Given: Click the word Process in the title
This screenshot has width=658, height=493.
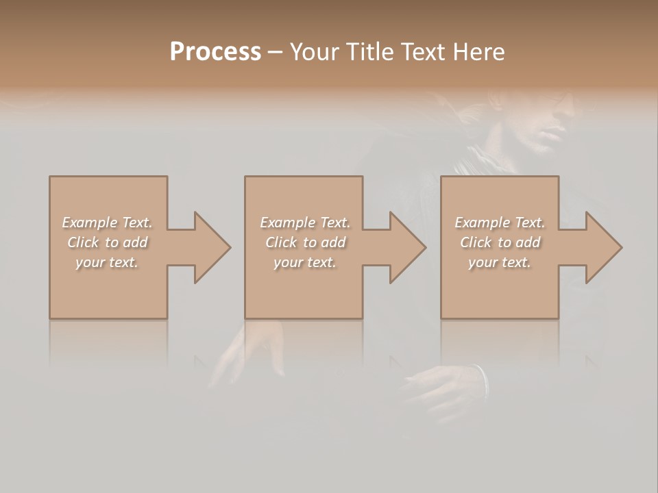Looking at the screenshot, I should [x=215, y=51].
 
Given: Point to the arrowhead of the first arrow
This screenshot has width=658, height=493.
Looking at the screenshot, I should [x=212, y=247].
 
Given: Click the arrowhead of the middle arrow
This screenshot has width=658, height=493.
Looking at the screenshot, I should [x=408, y=247].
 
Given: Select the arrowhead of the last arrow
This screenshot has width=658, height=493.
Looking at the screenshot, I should [x=604, y=247].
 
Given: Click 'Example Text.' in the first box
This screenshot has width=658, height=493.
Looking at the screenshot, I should [x=107, y=223].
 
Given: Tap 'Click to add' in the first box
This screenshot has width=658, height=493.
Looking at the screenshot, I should [x=107, y=242].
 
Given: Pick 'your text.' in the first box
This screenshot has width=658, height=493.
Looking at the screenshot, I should [x=107, y=262].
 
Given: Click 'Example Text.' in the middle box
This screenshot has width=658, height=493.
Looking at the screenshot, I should [x=304, y=223].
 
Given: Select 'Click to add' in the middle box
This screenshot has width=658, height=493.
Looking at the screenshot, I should [x=304, y=242].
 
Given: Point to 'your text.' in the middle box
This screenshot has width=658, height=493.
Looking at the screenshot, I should [x=304, y=262].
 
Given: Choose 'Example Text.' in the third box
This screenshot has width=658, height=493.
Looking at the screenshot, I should [x=500, y=223].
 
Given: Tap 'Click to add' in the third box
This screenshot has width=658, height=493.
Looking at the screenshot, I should [x=500, y=242].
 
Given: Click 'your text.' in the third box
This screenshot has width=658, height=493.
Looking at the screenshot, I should [x=500, y=262].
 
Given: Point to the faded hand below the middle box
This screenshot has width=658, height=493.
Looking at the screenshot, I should [x=254, y=349].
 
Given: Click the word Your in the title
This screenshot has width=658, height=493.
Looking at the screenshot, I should [x=315, y=51].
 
